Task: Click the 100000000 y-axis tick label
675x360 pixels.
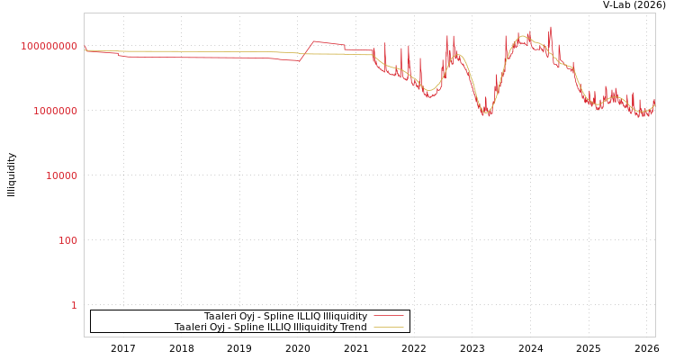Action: [x=49, y=46]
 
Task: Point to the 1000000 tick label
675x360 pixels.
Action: [x=55, y=111]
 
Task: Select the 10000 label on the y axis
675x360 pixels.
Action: [x=61, y=175]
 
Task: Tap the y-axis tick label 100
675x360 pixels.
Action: [x=68, y=240]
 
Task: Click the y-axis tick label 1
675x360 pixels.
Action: [x=74, y=305]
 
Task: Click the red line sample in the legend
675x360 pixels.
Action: [x=388, y=316]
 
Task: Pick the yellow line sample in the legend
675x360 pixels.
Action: [x=388, y=327]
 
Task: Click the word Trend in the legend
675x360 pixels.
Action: [x=351, y=327]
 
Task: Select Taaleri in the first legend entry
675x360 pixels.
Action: [x=220, y=316]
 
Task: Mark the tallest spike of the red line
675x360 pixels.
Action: [x=551, y=28]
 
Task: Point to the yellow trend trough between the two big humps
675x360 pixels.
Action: [x=486, y=111]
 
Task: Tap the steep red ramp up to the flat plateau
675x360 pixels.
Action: [x=307, y=50]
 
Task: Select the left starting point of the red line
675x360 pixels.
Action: [x=85, y=49]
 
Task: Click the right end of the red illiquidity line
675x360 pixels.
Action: [x=654, y=101]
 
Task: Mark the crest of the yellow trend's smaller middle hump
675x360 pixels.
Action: [x=456, y=56]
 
